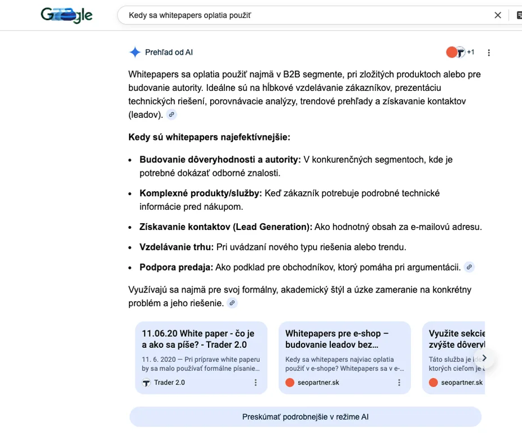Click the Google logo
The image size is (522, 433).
tap(67, 15)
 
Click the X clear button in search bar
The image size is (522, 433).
tap(498, 15)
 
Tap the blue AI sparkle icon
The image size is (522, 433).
tap(135, 52)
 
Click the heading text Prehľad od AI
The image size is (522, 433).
tap(169, 52)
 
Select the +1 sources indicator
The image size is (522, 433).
tap(470, 52)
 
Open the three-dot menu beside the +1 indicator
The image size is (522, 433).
tap(489, 52)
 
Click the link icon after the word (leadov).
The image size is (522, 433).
tap(171, 114)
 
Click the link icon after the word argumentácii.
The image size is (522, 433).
tap(469, 267)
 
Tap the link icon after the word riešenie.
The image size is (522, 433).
tap(232, 303)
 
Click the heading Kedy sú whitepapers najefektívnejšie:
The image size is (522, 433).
tap(209, 137)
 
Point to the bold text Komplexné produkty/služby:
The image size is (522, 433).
tap(201, 193)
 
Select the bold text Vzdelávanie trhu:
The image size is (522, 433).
tap(176, 247)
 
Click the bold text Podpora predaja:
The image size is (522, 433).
tap(176, 267)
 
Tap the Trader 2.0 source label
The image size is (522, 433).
tap(169, 382)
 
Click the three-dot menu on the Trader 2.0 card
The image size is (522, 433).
tap(255, 382)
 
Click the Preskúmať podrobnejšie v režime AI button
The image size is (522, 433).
tap(305, 417)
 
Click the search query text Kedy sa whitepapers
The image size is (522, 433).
tap(189, 15)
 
